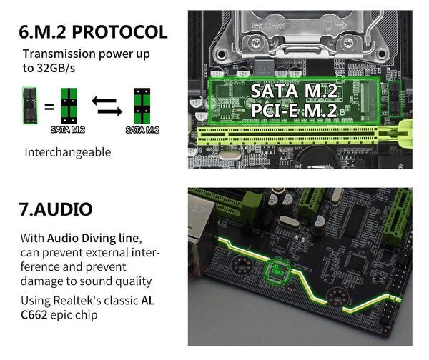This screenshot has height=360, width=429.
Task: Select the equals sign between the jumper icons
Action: pyautogui.click(x=49, y=108)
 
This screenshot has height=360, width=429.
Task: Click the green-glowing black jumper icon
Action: pyautogui.click(x=29, y=104)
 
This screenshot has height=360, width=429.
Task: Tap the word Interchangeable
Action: pyautogui.click(x=68, y=152)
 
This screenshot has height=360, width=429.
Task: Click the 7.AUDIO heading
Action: pyautogui.click(x=56, y=209)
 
